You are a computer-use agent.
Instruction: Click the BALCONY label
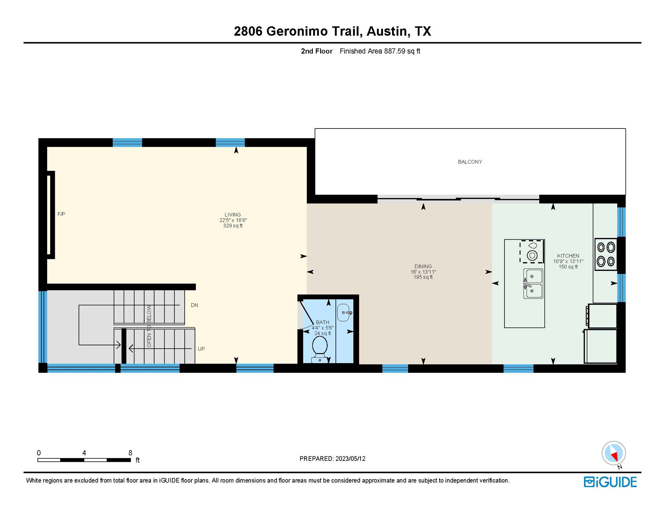coord(470,162)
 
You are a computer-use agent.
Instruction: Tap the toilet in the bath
coord(319,347)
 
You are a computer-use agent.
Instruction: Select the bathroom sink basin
coord(343,313)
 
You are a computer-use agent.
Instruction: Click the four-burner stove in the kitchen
coord(606,254)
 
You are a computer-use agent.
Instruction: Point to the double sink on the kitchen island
coord(533,284)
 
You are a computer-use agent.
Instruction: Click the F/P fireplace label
coord(61,214)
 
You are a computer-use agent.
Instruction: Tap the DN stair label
coord(194,305)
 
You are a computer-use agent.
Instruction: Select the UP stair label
coord(201,349)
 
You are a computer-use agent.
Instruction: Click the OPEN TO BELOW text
coord(149,326)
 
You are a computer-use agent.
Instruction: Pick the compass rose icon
coord(613,453)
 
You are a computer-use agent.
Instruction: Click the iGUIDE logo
coord(610,482)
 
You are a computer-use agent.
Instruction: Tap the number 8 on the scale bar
coord(130,453)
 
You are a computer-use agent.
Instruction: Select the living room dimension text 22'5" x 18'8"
coord(233,220)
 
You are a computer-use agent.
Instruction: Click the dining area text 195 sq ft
coord(423,277)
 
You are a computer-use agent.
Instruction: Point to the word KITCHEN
coord(568,256)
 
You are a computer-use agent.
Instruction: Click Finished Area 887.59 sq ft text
coord(380,51)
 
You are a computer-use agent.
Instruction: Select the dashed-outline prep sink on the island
coord(531,251)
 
